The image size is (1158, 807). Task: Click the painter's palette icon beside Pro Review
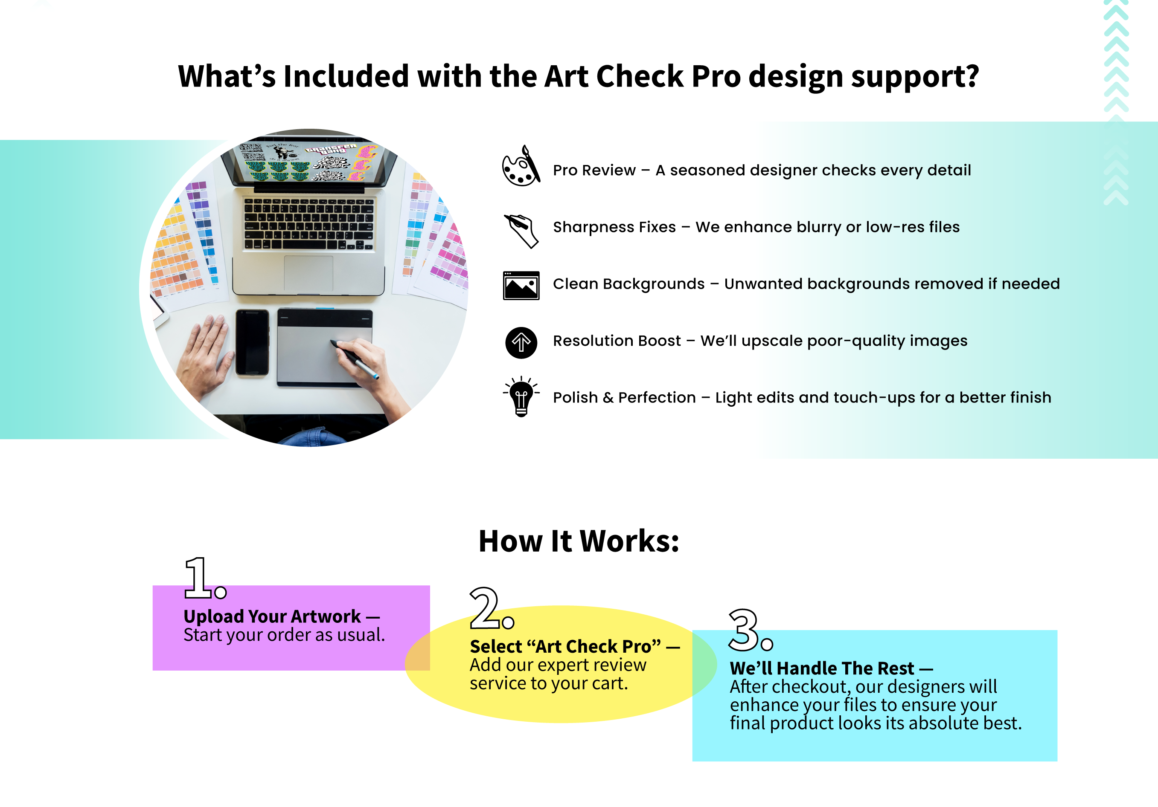521,166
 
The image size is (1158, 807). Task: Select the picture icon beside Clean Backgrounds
521,285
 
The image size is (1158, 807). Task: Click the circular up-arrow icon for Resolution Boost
521,343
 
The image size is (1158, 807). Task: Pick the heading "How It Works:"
579,541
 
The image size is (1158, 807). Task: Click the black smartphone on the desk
252,342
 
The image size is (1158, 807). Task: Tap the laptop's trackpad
308,273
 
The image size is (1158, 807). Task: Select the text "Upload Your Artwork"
272,616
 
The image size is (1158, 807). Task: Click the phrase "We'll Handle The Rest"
822,668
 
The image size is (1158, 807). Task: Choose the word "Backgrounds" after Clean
654,284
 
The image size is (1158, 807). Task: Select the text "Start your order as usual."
284,635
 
